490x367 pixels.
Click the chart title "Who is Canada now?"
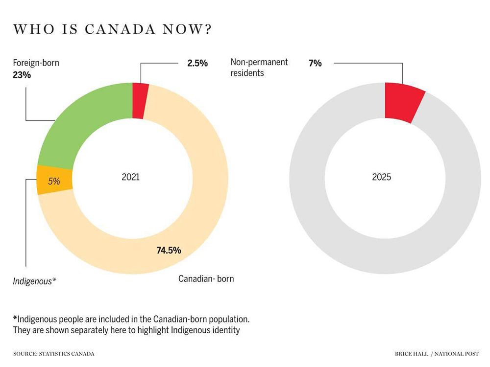(112, 29)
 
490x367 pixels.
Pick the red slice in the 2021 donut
(140, 101)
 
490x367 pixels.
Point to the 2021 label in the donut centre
(130, 177)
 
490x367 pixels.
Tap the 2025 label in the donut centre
(382, 177)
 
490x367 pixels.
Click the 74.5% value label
(169, 251)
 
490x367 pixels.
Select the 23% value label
(22, 75)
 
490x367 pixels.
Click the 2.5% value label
(197, 63)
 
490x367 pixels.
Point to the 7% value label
(315, 63)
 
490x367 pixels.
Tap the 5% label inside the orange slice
(54, 181)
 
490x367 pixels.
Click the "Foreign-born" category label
(36, 63)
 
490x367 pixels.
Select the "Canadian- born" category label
(206, 279)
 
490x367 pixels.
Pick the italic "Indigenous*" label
(34, 281)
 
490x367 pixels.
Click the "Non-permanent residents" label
(259, 68)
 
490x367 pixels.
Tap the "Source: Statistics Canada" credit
(54, 353)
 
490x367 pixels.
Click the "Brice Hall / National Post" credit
(437, 353)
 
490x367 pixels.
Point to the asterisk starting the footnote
(15, 318)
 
